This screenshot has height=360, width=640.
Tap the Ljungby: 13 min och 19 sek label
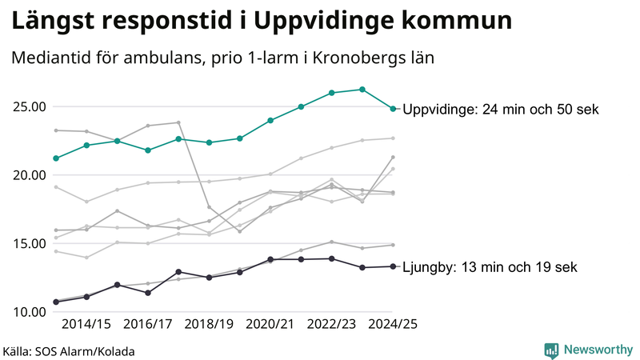pyautogui.click(x=490, y=267)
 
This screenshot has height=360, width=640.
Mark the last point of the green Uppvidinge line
pyautogui.click(x=393, y=109)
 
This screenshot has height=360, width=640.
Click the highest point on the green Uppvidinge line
pyautogui.click(x=362, y=90)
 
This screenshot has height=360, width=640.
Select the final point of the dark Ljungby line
pyautogui.click(x=393, y=266)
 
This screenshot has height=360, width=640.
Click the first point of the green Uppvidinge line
pyautogui.click(x=56, y=158)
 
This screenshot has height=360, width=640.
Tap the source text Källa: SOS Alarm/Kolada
pyautogui.click(x=69, y=351)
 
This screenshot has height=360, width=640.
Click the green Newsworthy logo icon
pyautogui.click(x=551, y=350)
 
